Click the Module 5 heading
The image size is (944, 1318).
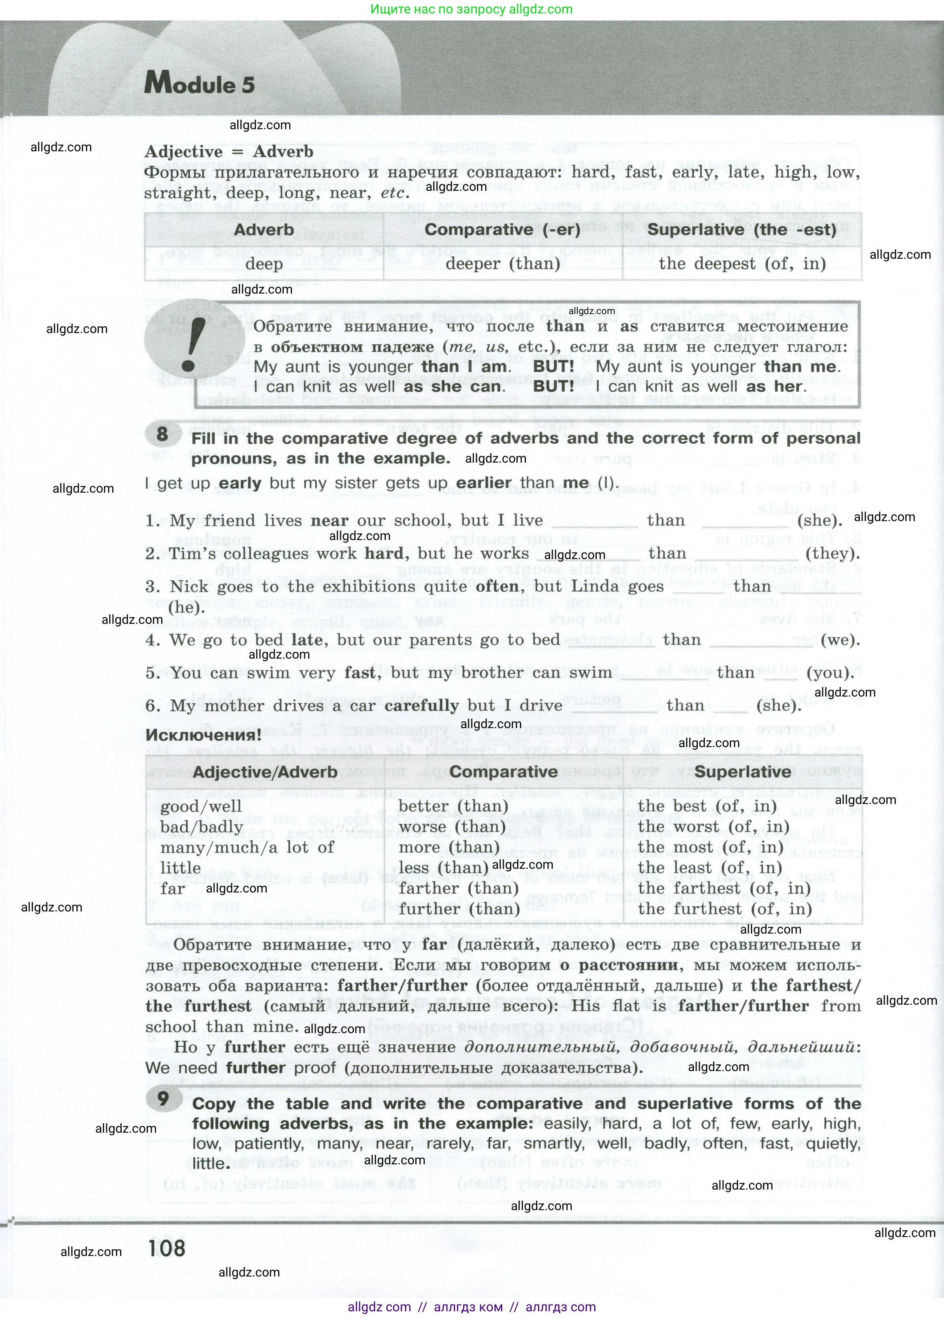(x=200, y=84)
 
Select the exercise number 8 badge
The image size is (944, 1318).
(x=162, y=433)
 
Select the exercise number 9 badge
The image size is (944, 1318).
(x=163, y=1098)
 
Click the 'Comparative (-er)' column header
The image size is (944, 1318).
(x=502, y=230)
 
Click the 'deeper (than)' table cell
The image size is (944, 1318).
(x=502, y=264)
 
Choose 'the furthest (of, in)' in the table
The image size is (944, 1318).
(x=724, y=909)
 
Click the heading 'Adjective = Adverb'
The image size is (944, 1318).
(x=229, y=152)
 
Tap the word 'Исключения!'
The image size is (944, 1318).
(x=203, y=734)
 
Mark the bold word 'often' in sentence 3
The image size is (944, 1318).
(x=497, y=586)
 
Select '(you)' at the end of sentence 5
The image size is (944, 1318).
(x=830, y=672)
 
